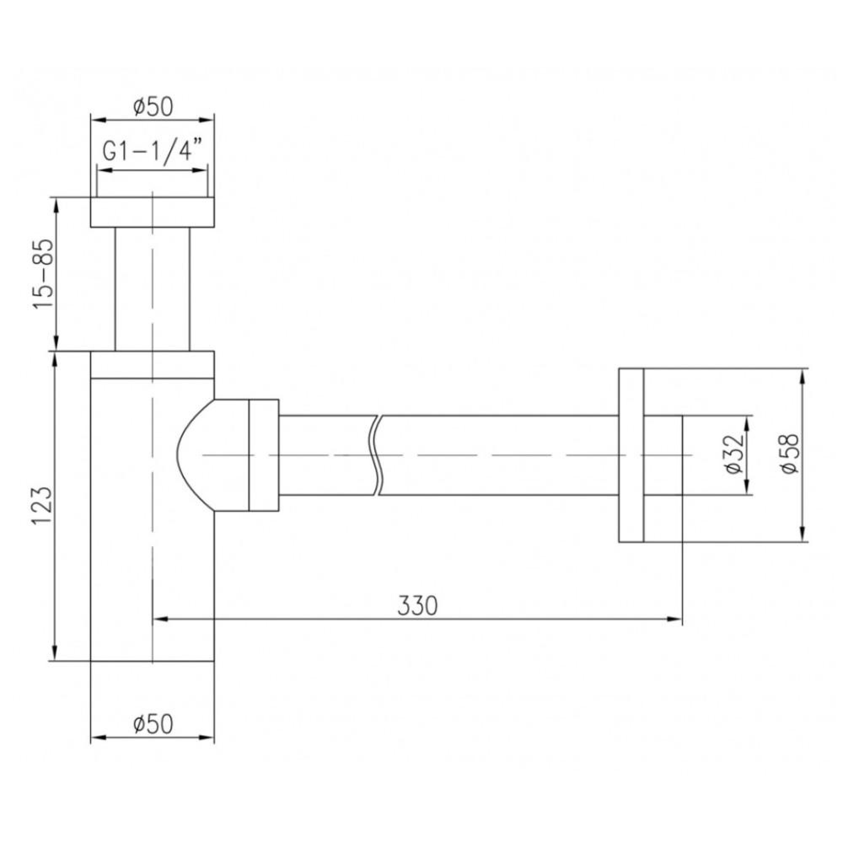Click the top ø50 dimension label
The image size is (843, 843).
(x=153, y=107)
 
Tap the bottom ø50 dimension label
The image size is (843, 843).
(x=153, y=724)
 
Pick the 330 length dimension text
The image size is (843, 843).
(x=417, y=606)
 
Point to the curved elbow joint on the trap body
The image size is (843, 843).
(x=192, y=455)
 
